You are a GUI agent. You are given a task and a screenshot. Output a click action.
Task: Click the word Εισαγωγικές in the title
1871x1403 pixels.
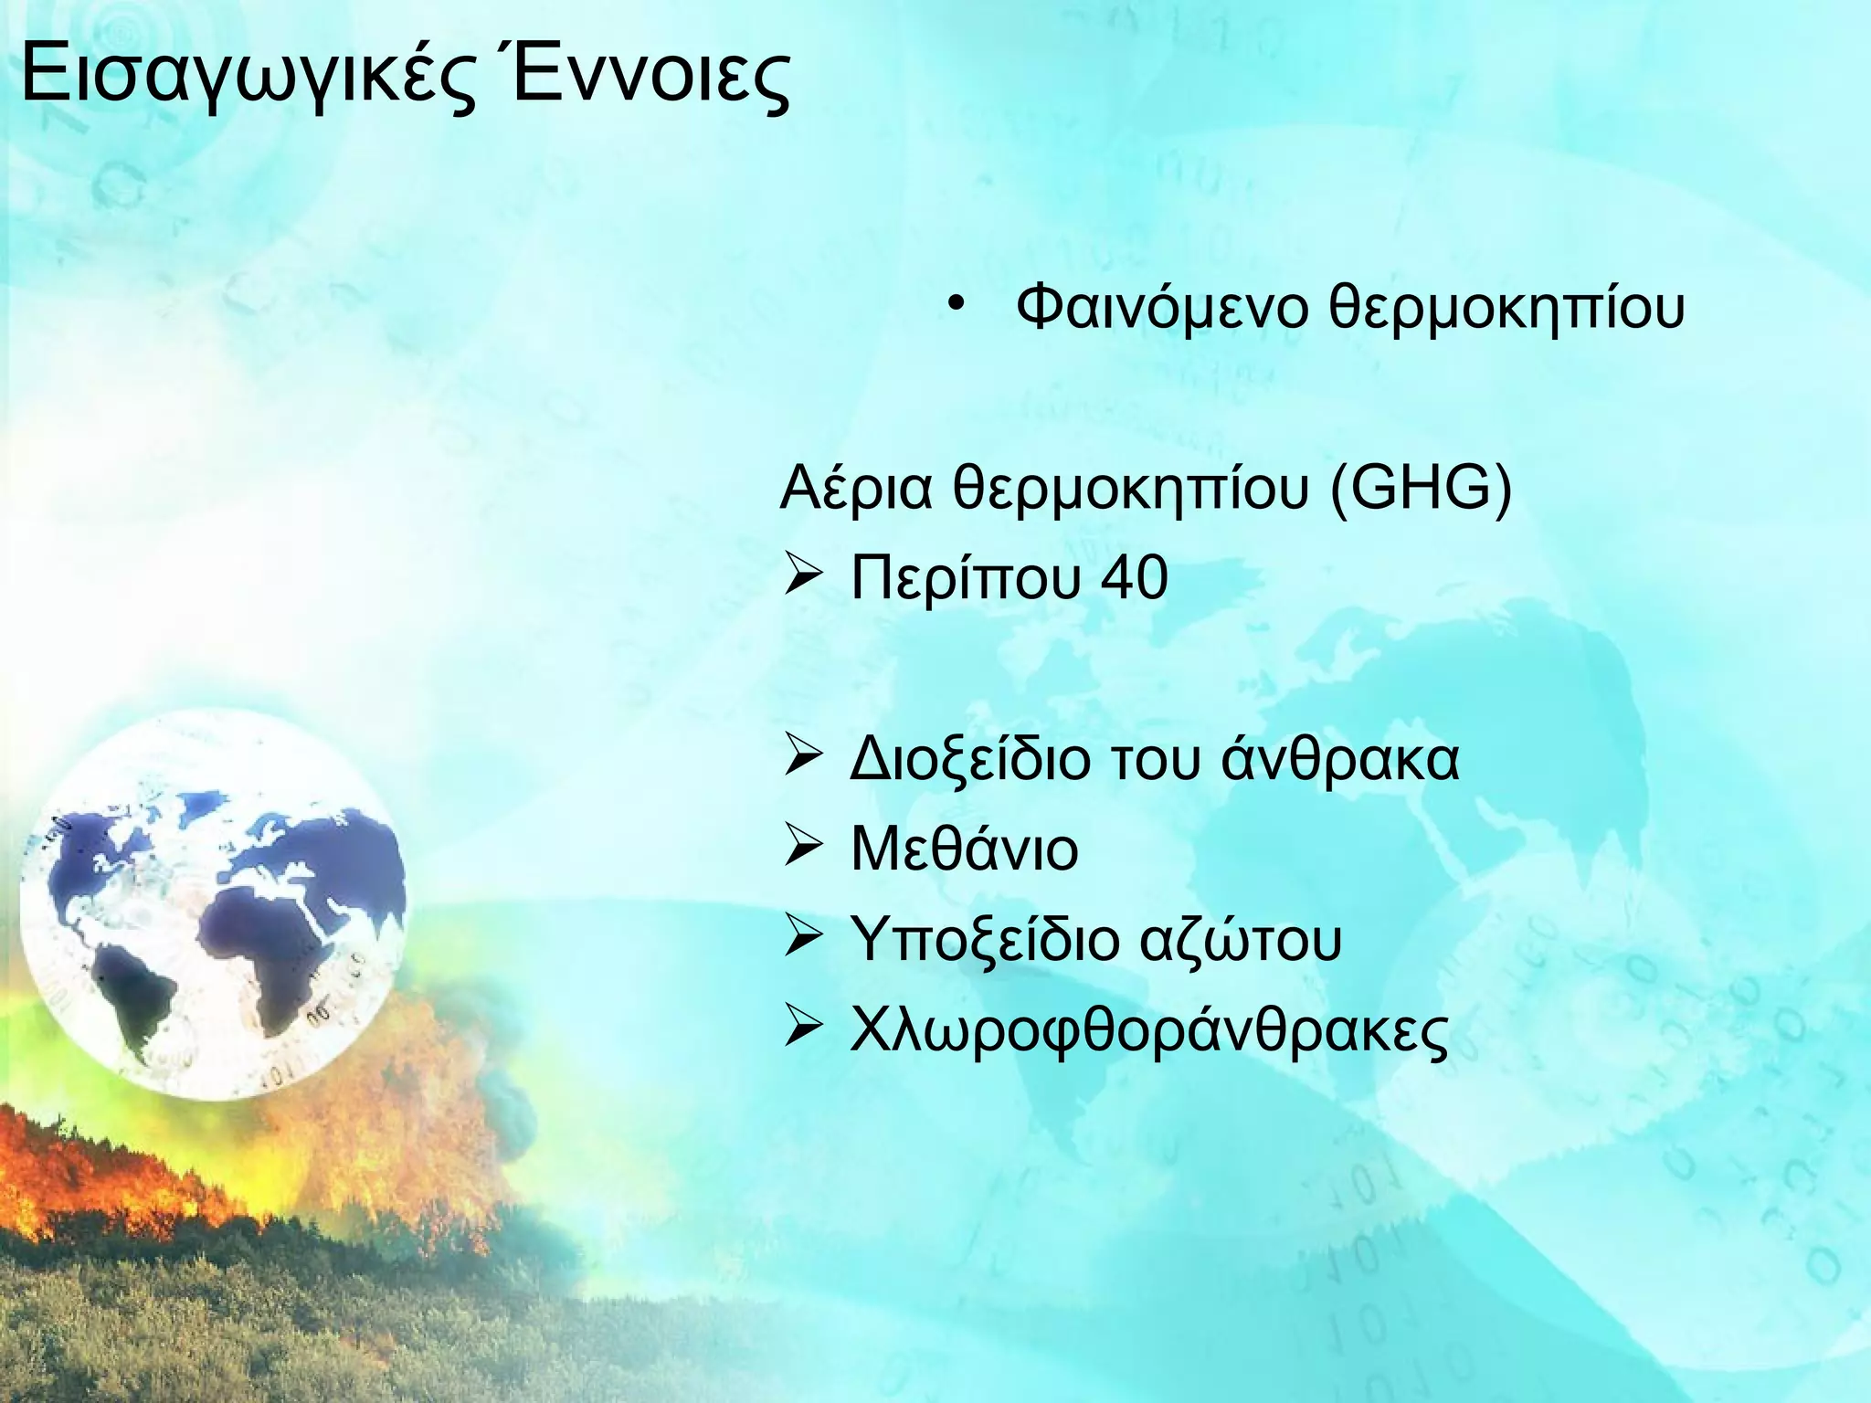[x=247, y=78]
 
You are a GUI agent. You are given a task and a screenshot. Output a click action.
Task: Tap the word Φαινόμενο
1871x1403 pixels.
[x=1161, y=308]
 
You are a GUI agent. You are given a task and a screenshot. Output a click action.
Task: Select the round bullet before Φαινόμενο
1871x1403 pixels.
[x=955, y=304]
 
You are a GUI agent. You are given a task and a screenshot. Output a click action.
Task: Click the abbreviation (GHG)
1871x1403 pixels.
[x=1421, y=490]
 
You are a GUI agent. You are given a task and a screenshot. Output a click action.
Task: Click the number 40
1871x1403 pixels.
[x=1134, y=579]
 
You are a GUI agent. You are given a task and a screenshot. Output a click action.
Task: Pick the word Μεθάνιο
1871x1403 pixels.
[x=964, y=849]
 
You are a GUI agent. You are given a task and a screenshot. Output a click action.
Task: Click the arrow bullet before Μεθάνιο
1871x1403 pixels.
[x=805, y=849]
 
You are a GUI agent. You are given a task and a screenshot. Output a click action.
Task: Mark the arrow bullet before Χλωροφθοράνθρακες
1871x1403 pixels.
[x=805, y=1029]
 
